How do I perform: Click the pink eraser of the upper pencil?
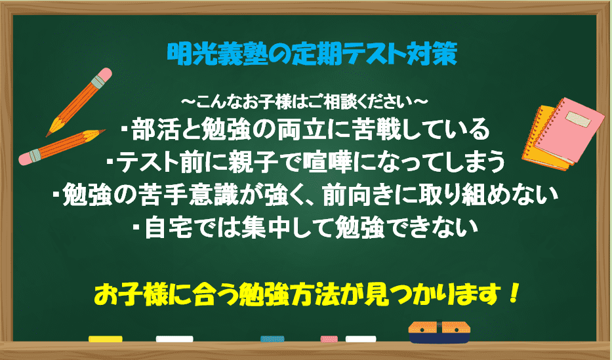[104, 75]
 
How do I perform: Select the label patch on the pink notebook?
[579, 119]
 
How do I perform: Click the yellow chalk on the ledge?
[106, 339]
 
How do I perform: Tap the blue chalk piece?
[272, 339]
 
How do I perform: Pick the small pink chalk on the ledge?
[329, 339]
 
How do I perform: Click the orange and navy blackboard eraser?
[439, 332]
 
